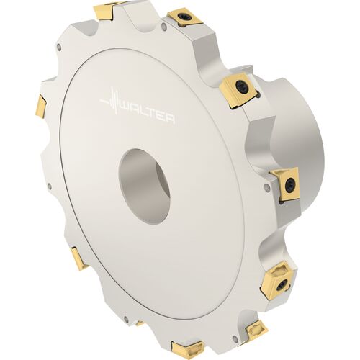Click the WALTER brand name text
pos(147,113)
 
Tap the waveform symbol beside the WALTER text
pos(110,101)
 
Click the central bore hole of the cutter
pos(145,186)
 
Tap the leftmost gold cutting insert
pos(41,107)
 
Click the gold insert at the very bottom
pos(187,348)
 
